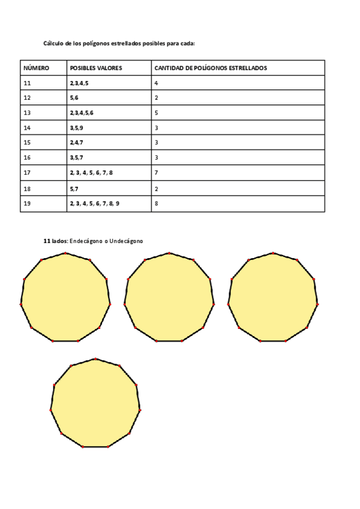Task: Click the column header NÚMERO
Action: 36,68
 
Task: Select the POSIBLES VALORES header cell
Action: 96,68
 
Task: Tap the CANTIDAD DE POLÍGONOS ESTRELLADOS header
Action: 211,68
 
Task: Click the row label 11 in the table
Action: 27,83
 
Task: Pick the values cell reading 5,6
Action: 74,98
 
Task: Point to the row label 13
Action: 27,113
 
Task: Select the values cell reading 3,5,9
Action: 76,128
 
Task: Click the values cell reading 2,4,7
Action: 76,143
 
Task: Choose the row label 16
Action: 27,158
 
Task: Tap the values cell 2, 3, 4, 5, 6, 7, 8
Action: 91,173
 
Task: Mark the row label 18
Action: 27,188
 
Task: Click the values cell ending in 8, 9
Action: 94,203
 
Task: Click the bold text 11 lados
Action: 56,241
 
